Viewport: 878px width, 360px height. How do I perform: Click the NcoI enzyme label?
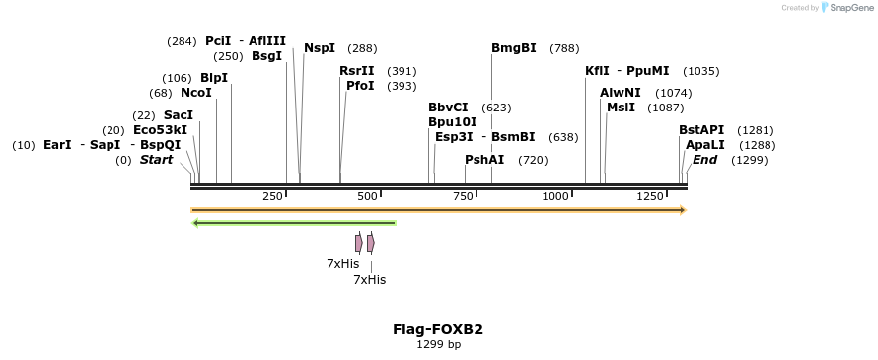pyautogui.click(x=195, y=93)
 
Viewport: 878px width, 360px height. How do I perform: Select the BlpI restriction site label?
pyautogui.click(x=213, y=78)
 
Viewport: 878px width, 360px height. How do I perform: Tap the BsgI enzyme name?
pyautogui.click(x=266, y=56)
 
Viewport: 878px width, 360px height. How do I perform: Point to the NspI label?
pyautogui.click(x=320, y=48)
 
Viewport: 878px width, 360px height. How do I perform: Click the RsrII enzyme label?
pyautogui.click(x=357, y=71)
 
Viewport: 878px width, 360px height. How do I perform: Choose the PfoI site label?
pyautogui.click(x=360, y=86)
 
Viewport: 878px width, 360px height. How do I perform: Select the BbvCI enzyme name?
pyautogui.click(x=448, y=108)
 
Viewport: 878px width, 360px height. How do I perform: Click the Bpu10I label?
pyautogui.click(x=452, y=122)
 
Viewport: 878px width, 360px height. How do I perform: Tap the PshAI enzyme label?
pyautogui.click(x=484, y=160)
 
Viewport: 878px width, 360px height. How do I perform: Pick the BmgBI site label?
pyautogui.click(x=514, y=48)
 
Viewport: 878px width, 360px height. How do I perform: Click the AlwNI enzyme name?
pyautogui.click(x=620, y=93)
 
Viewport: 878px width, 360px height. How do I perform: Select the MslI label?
pyautogui.click(x=621, y=108)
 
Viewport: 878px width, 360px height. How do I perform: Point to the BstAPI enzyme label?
pyautogui.click(x=701, y=130)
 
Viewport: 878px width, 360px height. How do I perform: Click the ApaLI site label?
pyautogui.click(x=703, y=145)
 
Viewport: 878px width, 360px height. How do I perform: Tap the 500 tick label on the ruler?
pyautogui.click(x=368, y=197)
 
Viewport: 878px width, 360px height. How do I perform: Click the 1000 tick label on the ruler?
pyautogui.click(x=555, y=197)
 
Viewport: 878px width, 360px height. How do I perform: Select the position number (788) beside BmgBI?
pyautogui.click(x=564, y=48)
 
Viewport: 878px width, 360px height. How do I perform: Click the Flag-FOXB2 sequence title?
pyautogui.click(x=438, y=329)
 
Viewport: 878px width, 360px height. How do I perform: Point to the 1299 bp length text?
pyautogui.click(x=438, y=345)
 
